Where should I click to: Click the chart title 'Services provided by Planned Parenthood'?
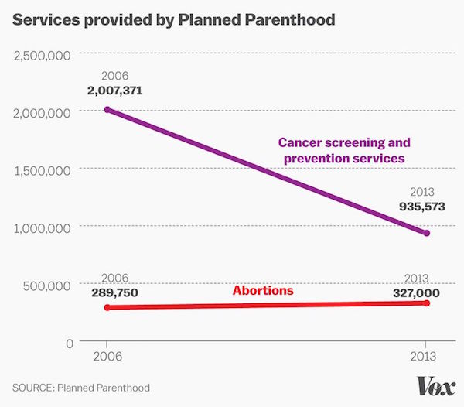click(x=174, y=20)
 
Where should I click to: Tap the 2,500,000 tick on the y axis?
click(x=43, y=55)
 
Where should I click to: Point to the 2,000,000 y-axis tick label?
click(x=43, y=112)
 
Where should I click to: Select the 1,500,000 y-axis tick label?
click(x=43, y=169)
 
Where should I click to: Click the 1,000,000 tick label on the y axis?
click(x=43, y=227)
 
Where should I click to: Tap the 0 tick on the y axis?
click(x=68, y=342)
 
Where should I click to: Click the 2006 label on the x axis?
click(x=107, y=358)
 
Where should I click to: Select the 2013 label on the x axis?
click(x=426, y=358)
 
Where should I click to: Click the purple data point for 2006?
click(x=107, y=110)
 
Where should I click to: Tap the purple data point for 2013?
click(x=426, y=233)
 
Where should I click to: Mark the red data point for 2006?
click(x=107, y=307)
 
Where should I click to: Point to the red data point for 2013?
click(x=426, y=303)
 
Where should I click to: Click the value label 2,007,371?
click(x=114, y=91)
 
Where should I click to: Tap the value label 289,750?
click(x=114, y=293)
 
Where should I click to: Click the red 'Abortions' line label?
click(x=263, y=291)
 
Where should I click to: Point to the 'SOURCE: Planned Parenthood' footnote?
click(x=81, y=387)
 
